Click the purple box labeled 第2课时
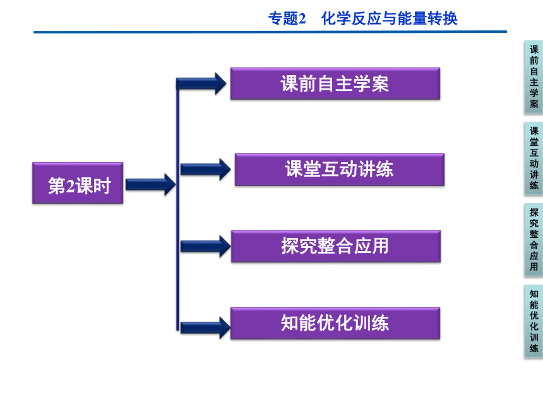(78, 183)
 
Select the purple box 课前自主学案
(335, 84)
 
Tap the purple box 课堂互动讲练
(340, 170)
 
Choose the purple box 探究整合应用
(336, 247)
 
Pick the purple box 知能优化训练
(335, 323)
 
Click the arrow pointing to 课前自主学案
(201, 84)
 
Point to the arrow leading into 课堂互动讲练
(206, 169)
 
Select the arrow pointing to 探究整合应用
(206, 247)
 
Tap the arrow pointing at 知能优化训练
(206, 327)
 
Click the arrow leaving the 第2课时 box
(151, 184)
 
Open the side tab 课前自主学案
(534, 77)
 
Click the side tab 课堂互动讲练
(534, 158)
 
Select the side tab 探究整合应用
(534, 240)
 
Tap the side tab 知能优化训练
(534, 321)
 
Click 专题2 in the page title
(287, 19)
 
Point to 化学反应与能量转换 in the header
(389, 19)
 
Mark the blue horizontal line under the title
(270, 32)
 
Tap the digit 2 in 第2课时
(70, 186)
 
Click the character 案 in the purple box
(380, 84)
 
